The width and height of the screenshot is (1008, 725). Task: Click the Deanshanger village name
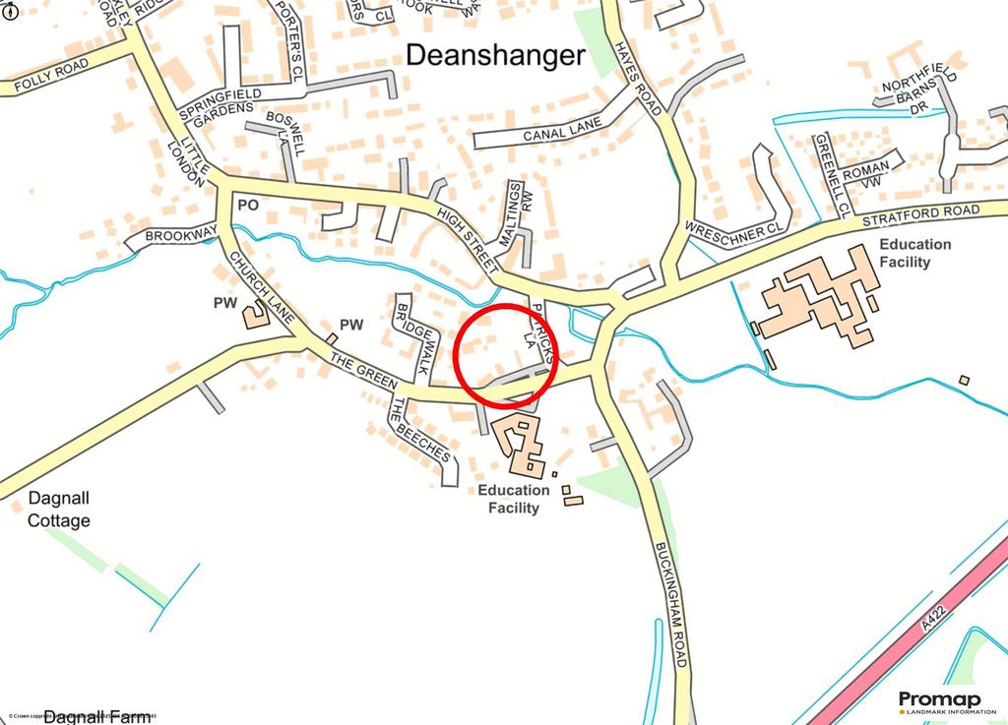495,56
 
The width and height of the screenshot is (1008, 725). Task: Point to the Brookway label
180,236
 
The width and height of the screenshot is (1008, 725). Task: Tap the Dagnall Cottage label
59,511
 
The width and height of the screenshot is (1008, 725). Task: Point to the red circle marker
506,355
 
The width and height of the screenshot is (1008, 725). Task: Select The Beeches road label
420,431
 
